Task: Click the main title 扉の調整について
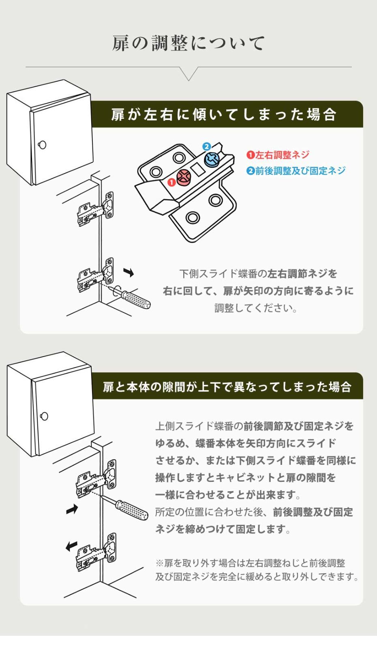coord(188,43)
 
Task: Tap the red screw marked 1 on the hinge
coord(184,177)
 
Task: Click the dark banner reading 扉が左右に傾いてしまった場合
coord(224,114)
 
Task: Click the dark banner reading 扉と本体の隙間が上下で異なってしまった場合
coord(227,386)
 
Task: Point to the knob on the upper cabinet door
coord(42,145)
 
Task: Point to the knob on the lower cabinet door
coord(44,416)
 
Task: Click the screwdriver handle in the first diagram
coord(137,299)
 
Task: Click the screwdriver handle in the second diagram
coord(132,511)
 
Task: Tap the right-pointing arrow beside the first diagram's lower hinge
coord(129,273)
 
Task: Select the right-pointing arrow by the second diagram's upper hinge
coord(72,509)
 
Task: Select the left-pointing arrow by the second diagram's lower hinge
coord(71,546)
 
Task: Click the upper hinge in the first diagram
coord(96,209)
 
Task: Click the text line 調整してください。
coord(256,308)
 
